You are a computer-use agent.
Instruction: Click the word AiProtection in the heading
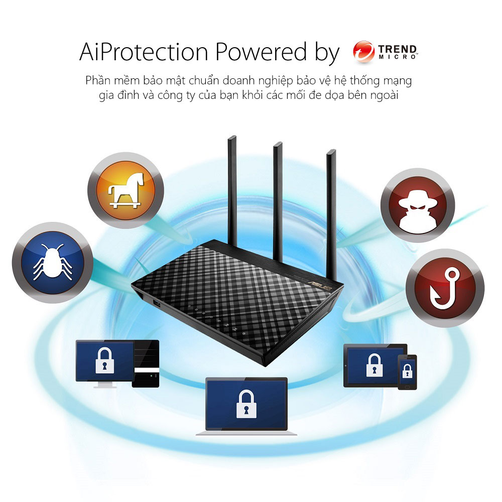coord(144,52)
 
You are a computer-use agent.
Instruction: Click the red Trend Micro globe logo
coord(363,52)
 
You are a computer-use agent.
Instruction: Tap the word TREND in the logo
coord(398,49)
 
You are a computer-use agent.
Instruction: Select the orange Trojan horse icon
coord(125,190)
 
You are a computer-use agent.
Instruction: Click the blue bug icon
coord(53,263)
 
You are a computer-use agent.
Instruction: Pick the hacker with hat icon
coord(418,205)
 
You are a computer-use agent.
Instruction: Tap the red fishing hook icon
coord(445,288)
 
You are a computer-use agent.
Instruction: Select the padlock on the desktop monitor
coord(105,361)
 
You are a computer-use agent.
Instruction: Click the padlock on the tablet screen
coord(374,365)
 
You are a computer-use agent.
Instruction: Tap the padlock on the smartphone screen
coord(407,371)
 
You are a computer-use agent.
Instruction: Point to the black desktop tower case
coord(146,363)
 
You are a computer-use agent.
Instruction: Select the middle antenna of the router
coord(278,202)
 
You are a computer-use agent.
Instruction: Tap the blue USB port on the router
coord(157,303)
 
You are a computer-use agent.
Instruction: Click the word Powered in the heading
coord(261,52)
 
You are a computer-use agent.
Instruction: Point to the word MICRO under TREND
coord(398,57)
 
